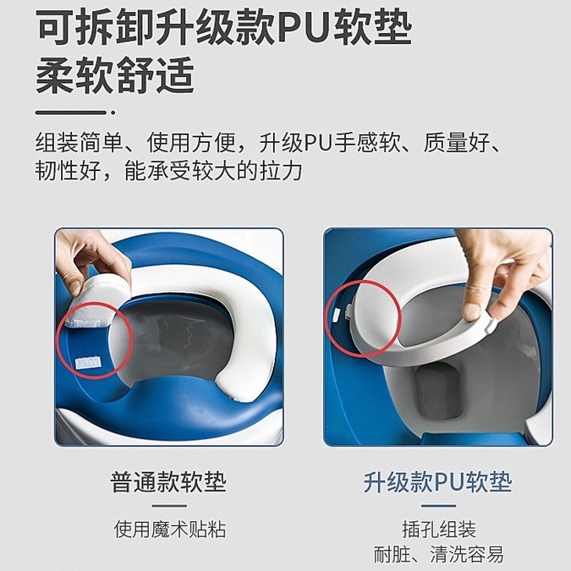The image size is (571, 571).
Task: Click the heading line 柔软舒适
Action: click(115, 77)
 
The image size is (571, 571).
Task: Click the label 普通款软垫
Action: click(168, 483)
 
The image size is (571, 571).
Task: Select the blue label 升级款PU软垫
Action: click(437, 483)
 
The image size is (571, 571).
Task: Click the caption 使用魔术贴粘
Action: click(170, 530)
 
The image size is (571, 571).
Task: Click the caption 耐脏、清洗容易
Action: click(438, 555)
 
